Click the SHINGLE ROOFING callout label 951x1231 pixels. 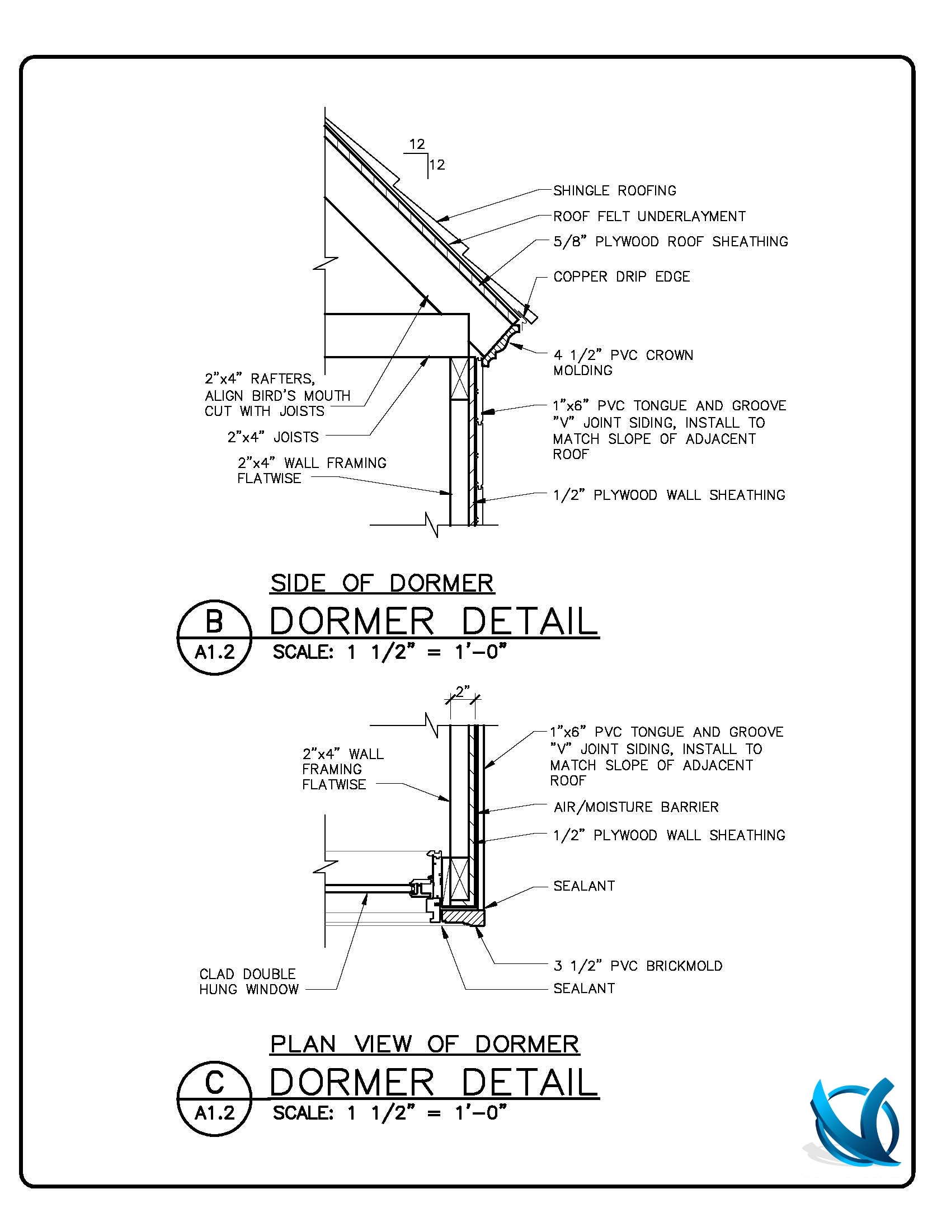coord(614,190)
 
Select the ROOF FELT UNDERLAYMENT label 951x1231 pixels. coord(649,217)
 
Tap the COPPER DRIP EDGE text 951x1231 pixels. coord(622,277)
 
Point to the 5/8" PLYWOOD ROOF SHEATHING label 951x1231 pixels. coord(670,242)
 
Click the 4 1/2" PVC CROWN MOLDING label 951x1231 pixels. coord(623,362)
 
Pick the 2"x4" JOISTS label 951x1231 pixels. coord(272,437)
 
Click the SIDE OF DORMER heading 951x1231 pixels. coord(382,583)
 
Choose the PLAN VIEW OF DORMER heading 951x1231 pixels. coord(425,1044)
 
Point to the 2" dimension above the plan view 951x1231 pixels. coord(462,691)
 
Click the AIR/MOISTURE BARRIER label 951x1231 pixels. coord(636,807)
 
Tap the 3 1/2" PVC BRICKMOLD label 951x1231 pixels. coord(638,966)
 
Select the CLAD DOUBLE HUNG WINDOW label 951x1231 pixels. coord(248,981)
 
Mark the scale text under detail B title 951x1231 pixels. coord(389,653)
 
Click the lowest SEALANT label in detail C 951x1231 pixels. coord(583,988)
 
